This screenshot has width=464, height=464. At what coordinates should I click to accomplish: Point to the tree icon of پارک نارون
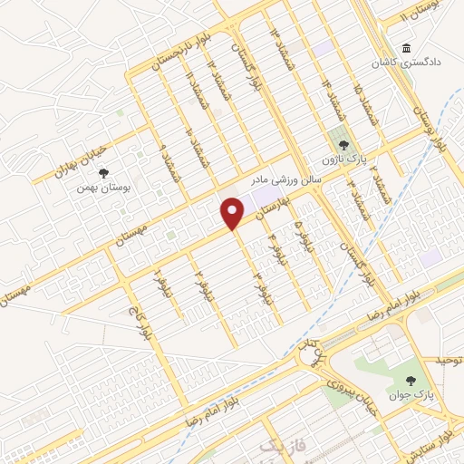tap(343, 140)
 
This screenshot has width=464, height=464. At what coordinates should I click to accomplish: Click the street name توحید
tap(448, 361)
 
